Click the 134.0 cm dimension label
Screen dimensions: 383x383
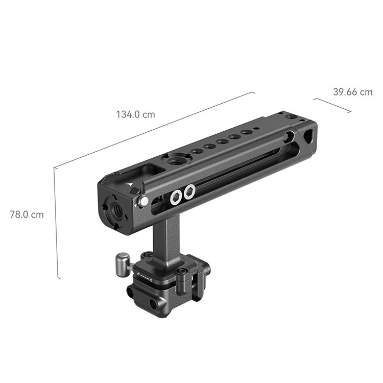[135, 114]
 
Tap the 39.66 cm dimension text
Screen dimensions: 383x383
[353, 92]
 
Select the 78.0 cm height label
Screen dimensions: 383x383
[27, 214]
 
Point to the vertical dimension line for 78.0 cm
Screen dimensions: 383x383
[57, 223]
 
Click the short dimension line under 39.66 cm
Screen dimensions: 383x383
[332, 105]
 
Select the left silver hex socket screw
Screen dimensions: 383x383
[176, 197]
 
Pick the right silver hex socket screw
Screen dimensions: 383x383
[190, 192]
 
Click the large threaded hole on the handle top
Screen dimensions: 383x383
[175, 161]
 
